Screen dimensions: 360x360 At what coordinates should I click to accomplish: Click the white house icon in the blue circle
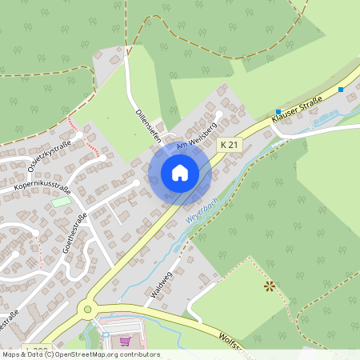[180, 173]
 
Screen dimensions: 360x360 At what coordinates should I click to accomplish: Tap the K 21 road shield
[229, 144]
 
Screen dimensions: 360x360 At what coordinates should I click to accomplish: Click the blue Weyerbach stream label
[202, 218]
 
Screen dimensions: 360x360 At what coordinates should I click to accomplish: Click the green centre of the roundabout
[87, 309]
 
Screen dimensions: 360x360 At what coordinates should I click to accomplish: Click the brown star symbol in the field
[270, 286]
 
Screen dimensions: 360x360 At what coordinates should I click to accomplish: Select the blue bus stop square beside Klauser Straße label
[278, 112]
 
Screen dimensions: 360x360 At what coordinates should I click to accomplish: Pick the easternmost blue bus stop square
[341, 90]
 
